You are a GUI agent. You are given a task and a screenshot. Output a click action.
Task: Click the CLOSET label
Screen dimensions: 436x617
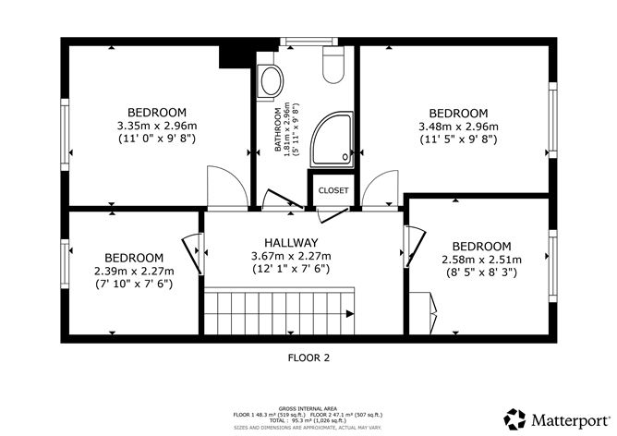tap(333, 190)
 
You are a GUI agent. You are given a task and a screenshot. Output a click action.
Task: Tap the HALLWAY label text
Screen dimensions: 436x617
tap(278, 243)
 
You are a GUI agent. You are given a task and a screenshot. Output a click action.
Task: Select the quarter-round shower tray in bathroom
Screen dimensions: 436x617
tap(332, 139)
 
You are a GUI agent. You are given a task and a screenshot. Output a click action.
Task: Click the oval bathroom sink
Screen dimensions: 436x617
tap(272, 81)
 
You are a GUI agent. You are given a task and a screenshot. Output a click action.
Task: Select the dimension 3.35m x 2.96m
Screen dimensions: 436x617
tap(156, 126)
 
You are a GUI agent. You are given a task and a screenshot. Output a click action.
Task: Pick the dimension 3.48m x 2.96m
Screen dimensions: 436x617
tap(458, 126)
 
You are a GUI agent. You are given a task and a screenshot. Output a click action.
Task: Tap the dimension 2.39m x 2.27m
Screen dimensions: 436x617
tap(133, 271)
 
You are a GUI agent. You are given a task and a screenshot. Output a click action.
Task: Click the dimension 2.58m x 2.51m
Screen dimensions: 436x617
tap(482, 260)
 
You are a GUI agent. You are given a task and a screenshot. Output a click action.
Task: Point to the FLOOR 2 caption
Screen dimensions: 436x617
tap(308, 357)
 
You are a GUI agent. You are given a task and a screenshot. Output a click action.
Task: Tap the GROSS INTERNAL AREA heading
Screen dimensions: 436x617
tap(308, 406)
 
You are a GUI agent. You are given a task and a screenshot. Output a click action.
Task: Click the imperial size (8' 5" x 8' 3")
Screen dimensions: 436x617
tap(482, 272)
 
